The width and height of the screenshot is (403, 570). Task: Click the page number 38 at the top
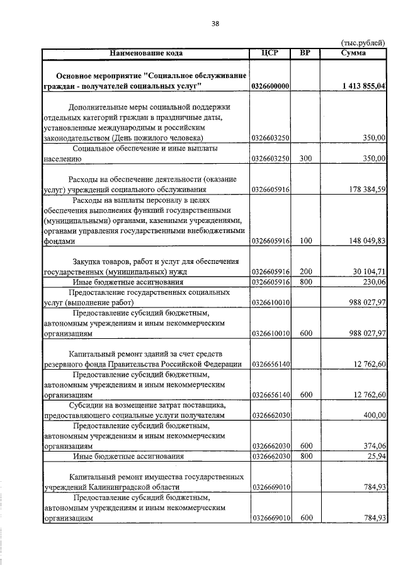215,23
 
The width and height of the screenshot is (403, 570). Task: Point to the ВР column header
305,53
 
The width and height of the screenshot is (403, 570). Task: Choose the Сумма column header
354,53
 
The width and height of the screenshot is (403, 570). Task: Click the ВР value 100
306,241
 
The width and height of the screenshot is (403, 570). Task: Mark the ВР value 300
306,159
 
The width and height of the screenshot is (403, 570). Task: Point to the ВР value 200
306,271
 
